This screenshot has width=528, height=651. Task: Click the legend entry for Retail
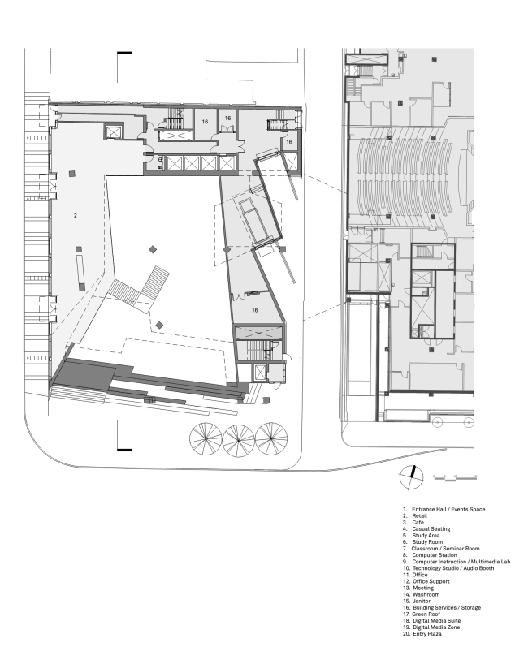(414, 515)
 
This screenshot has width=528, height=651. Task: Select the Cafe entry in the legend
(413, 522)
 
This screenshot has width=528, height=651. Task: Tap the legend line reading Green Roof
(422, 614)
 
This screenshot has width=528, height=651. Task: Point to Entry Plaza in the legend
(422, 634)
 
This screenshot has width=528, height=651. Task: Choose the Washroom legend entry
(421, 594)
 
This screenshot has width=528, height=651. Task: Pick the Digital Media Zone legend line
(431, 627)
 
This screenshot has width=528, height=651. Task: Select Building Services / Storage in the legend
(442, 607)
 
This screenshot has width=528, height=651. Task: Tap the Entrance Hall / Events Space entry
(444, 509)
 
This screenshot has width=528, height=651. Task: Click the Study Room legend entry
(422, 541)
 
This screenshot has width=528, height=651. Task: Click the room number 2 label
(76, 215)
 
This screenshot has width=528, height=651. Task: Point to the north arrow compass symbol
(412, 477)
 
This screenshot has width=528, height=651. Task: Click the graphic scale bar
(454, 477)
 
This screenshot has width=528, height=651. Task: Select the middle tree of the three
(239, 440)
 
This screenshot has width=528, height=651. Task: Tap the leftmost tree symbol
(206, 439)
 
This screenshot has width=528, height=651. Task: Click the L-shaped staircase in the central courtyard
(141, 288)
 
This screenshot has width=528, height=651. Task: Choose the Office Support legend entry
(426, 581)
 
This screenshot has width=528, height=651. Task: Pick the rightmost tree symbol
(271, 438)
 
